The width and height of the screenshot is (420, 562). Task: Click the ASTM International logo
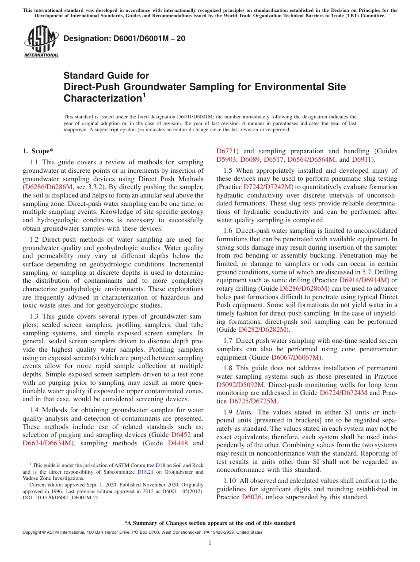(41, 42)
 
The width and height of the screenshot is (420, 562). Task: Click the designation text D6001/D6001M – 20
(124, 39)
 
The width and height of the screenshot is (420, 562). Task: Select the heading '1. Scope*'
(38, 151)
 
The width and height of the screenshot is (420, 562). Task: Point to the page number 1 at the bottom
(210, 543)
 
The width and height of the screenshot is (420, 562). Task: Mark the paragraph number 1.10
(230, 481)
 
